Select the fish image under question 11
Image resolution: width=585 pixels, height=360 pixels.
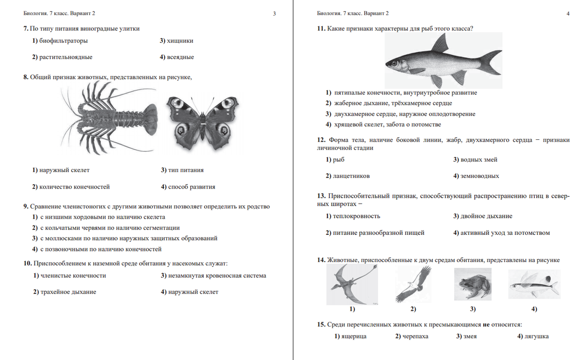pos(443,60)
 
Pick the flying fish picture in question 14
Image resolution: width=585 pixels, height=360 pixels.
pos(533,286)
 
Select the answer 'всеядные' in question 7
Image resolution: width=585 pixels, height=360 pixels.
pos(180,57)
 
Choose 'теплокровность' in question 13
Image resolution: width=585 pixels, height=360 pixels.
pos(357,216)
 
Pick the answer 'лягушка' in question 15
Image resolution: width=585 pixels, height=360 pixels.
pos(536,336)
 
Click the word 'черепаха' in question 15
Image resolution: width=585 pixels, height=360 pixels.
pos(415,336)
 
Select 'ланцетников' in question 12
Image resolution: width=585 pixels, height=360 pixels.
pos(352,176)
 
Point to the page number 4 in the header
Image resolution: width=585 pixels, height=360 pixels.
pos(568,14)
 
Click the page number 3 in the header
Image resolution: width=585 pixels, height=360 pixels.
pos(274,14)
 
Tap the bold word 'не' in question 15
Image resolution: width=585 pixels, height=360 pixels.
pos(486,324)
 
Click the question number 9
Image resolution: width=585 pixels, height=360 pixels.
pos(25,207)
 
